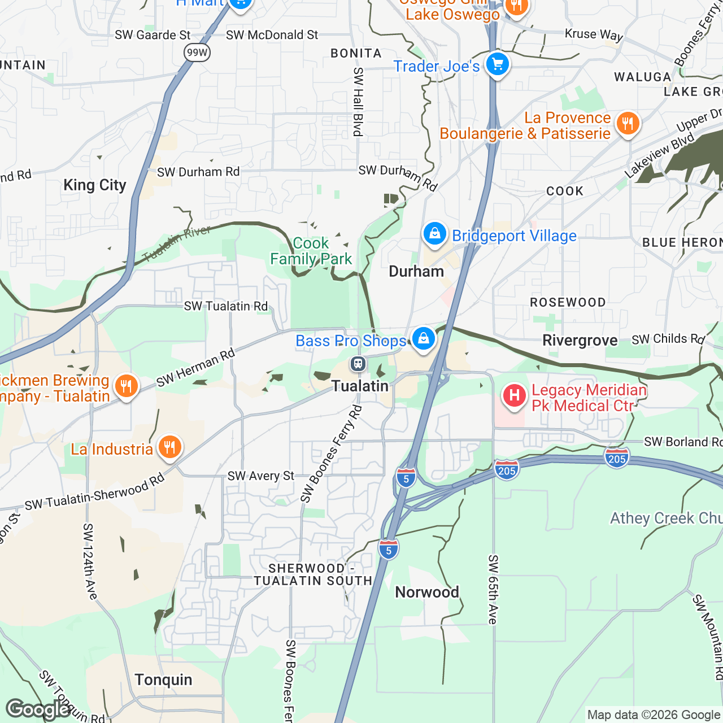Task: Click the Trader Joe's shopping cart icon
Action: [x=497, y=64]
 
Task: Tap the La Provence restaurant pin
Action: [x=628, y=123]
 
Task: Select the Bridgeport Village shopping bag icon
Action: [x=434, y=233]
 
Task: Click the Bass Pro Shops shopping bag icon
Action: [x=423, y=339]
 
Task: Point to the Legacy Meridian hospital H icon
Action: [x=514, y=395]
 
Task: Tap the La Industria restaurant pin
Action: [x=169, y=448]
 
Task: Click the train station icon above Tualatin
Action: [x=358, y=364]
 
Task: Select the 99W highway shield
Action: [x=197, y=53]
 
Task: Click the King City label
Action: [x=95, y=185]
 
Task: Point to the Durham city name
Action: [x=416, y=272]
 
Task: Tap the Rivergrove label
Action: [x=580, y=341]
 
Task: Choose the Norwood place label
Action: [x=427, y=593]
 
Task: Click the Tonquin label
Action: [x=163, y=680]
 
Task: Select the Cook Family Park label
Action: [x=311, y=251]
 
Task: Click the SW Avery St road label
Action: [x=261, y=476]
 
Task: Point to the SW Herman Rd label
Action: [x=195, y=368]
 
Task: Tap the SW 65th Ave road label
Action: [x=493, y=590]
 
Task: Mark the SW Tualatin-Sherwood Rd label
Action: [x=94, y=492]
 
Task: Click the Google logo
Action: [x=38, y=709]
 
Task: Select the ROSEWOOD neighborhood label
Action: [x=568, y=303]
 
